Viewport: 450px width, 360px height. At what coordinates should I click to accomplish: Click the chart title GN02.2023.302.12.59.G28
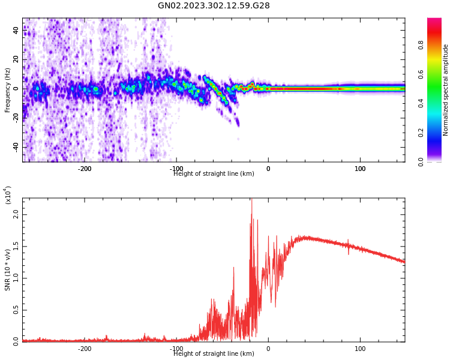point(214,6)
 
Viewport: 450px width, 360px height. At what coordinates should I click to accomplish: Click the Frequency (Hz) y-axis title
point(8,90)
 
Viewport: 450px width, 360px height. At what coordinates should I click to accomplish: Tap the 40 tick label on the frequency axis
point(16,31)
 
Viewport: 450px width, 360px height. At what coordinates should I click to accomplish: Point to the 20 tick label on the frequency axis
point(16,59)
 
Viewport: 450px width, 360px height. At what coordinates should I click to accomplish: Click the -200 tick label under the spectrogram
point(85,169)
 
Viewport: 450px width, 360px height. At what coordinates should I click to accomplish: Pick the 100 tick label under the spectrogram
point(360,169)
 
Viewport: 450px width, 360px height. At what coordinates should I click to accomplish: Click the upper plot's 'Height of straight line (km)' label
point(214,174)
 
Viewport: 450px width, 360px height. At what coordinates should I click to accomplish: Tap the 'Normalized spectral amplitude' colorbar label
point(446,90)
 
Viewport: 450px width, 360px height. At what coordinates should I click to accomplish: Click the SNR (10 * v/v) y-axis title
point(8,271)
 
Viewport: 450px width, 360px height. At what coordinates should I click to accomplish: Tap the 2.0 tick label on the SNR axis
point(16,214)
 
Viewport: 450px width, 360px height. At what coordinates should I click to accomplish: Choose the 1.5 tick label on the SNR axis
point(16,245)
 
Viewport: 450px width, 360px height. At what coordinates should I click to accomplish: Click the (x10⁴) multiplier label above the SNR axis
point(8,196)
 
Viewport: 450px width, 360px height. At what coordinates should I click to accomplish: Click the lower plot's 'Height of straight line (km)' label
point(214,354)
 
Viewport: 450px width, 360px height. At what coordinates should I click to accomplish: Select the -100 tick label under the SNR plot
point(176,349)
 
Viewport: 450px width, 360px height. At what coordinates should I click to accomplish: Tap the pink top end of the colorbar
point(434,22)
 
